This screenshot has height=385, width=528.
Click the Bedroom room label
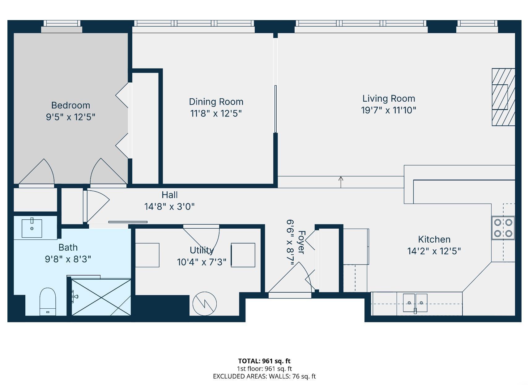[x=70, y=105]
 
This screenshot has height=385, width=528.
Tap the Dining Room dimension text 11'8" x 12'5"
[x=216, y=113]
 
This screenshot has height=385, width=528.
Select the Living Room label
[x=389, y=99]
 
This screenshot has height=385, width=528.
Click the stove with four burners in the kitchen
[x=503, y=228]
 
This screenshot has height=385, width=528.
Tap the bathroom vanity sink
[x=32, y=228]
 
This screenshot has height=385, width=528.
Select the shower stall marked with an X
[x=101, y=297]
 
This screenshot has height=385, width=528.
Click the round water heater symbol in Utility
[x=204, y=304]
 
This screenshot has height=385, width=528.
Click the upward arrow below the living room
[x=341, y=182]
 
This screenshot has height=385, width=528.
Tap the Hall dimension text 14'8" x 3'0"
[x=169, y=206]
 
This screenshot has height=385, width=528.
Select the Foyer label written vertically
[x=301, y=242]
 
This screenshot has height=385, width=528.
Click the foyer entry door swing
[x=291, y=278]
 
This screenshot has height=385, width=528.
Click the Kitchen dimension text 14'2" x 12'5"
[x=434, y=251]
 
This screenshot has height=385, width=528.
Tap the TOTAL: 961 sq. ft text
[x=264, y=361]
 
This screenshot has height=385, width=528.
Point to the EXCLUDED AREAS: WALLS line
[x=264, y=376]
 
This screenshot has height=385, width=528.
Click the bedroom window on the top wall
[x=62, y=24]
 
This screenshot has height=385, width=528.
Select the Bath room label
[x=68, y=247]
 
